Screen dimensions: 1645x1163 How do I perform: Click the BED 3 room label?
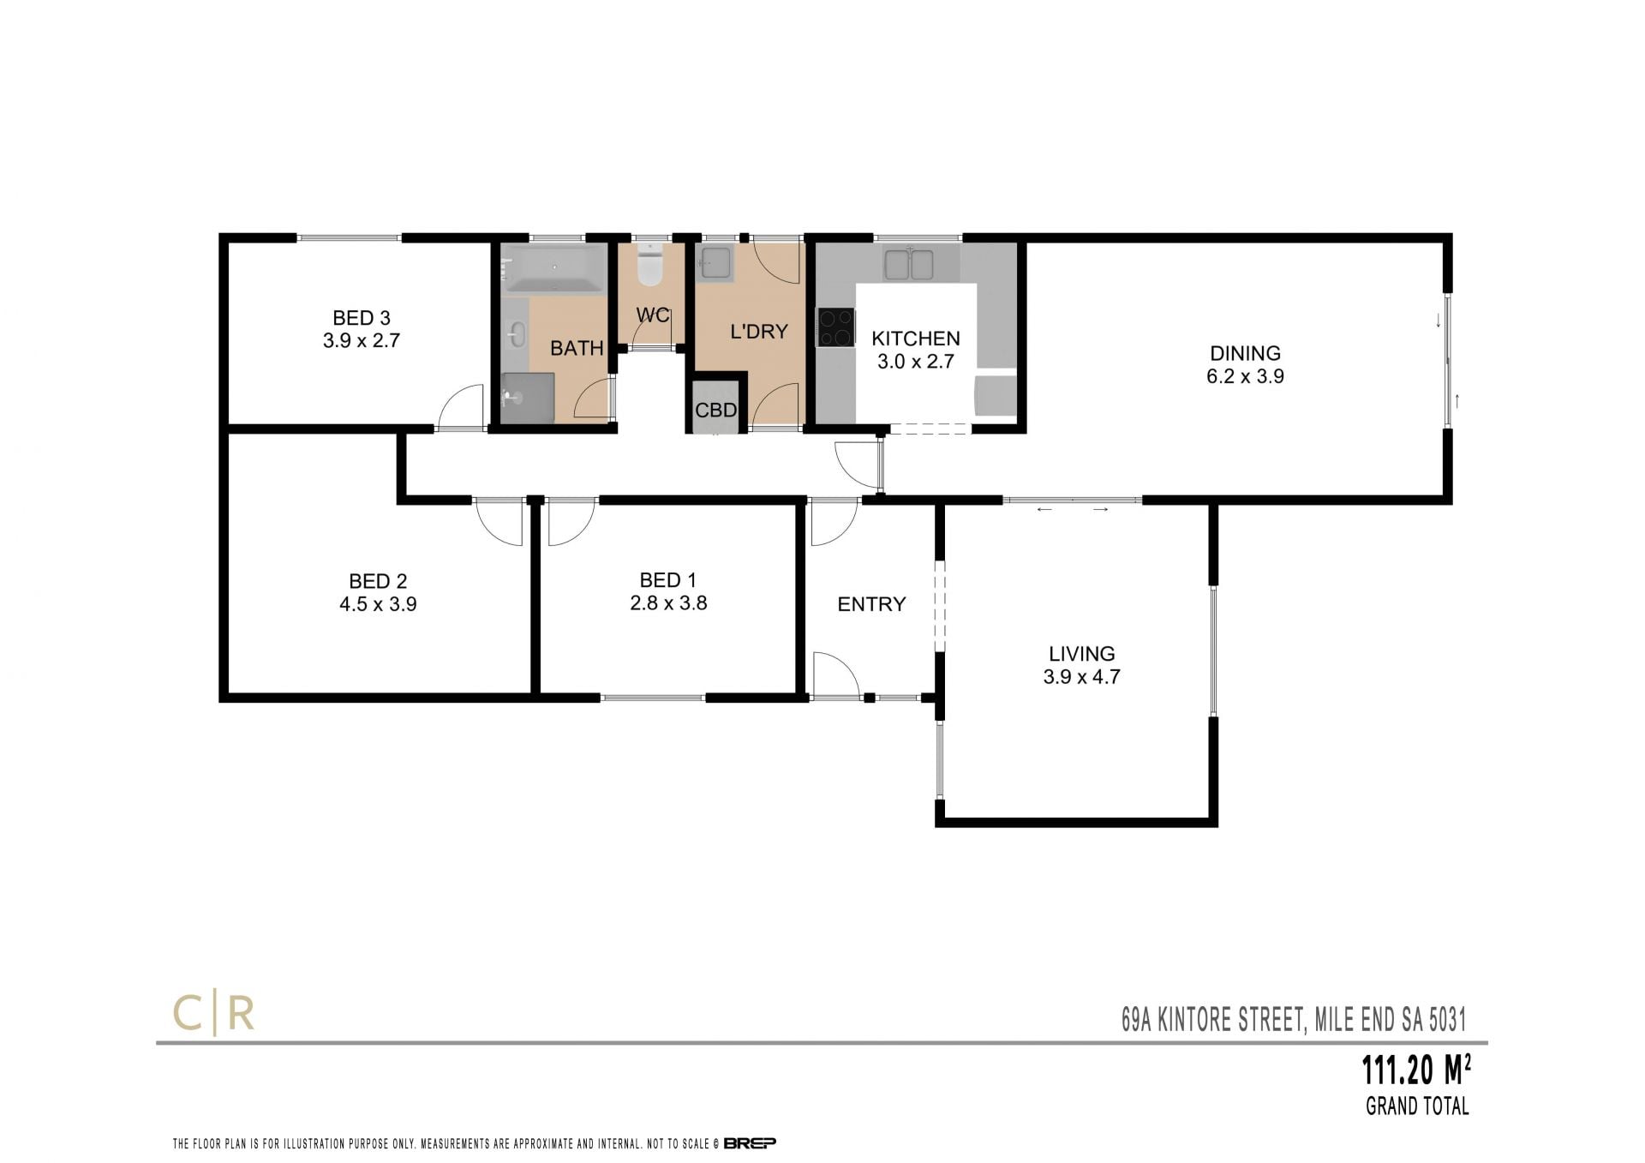362,318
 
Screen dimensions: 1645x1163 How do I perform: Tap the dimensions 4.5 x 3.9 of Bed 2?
378,604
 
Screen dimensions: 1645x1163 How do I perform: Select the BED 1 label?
667,580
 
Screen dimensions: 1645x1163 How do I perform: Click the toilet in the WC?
651,265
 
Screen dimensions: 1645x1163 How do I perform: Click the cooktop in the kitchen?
836,327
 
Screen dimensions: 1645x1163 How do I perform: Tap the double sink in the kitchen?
909,264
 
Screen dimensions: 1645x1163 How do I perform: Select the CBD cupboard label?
715,411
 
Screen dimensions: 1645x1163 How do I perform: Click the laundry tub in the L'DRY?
715,264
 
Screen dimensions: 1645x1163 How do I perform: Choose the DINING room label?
1245,353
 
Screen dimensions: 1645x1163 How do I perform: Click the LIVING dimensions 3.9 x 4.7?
1081,677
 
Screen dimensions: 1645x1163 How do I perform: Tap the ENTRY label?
871,604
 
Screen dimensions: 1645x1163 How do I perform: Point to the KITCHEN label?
916,339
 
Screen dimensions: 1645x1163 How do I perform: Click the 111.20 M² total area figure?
1417,1070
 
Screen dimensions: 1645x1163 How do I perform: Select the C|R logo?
214,1015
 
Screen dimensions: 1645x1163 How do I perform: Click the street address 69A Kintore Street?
1212,1020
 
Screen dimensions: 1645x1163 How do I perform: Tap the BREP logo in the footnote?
750,1142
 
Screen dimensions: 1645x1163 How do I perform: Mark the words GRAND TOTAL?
1417,1106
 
